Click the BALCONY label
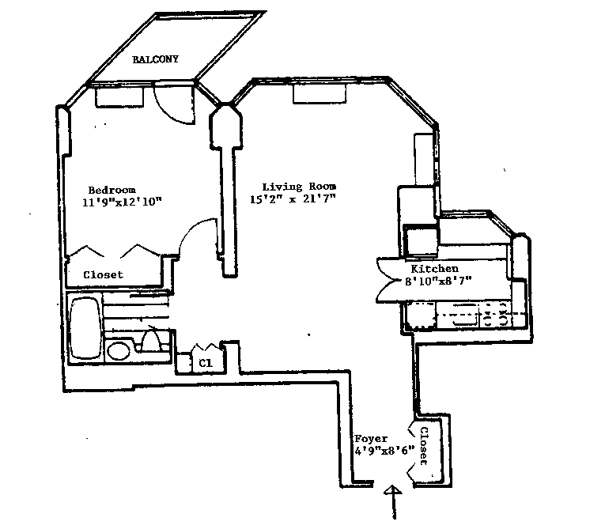pyautogui.click(x=155, y=59)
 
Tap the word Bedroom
pyautogui.click(x=112, y=190)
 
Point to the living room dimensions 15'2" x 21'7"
pyautogui.click(x=293, y=198)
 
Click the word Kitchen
pyautogui.click(x=434, y=269)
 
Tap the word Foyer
pyautogui.click(x=371, y=438)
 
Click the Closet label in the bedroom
pyautogui.click(x=104, y=274)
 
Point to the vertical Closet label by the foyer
pyautogui.click(x=424, y=445)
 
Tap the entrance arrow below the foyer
pyautogui.click(x=392, y=501)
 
